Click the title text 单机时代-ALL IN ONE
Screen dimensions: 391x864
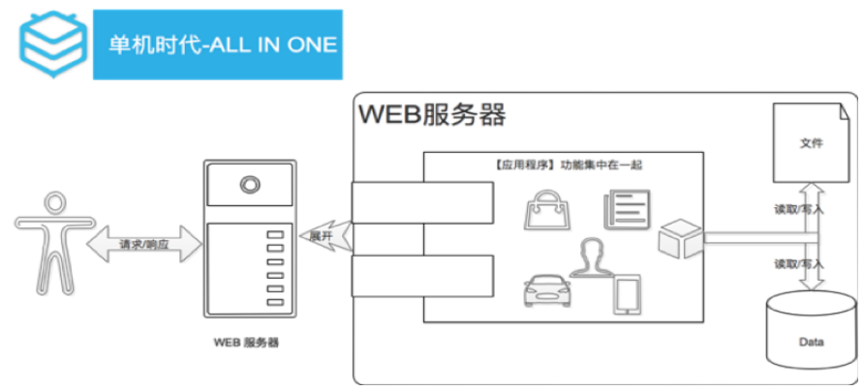[x=222, y=45]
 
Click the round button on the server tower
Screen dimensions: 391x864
[x=250, y=184]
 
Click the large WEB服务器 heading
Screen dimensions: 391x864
[x=432, y=116]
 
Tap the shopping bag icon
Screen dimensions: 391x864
[x=540, y=209]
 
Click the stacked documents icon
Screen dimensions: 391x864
[x=625, y=211]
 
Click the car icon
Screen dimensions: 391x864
[x=548, y=290]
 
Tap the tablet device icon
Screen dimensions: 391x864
[x=627, y=295]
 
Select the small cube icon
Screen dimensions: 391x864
[x=678, y=238]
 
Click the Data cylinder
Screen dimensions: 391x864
[x=811, y=334]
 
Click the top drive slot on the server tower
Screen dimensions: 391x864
[x=276, y=235]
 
